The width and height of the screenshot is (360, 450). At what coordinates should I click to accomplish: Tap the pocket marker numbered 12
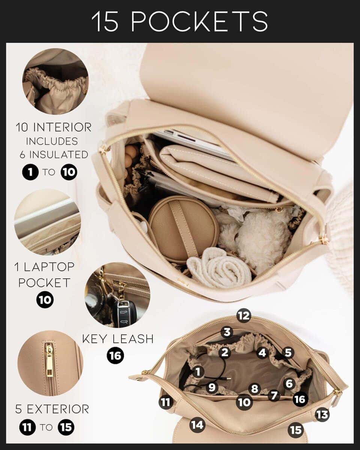click(243, 316)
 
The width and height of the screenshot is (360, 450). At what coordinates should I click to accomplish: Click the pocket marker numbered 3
click(226, 332)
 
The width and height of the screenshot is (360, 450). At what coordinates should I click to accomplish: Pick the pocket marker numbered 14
click(197, 425)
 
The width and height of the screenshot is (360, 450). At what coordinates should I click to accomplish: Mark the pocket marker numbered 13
click(322, 414)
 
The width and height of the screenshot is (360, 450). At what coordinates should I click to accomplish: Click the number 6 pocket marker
click(289, 384)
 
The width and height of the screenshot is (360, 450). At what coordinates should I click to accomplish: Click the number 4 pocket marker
click(262, 353)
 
